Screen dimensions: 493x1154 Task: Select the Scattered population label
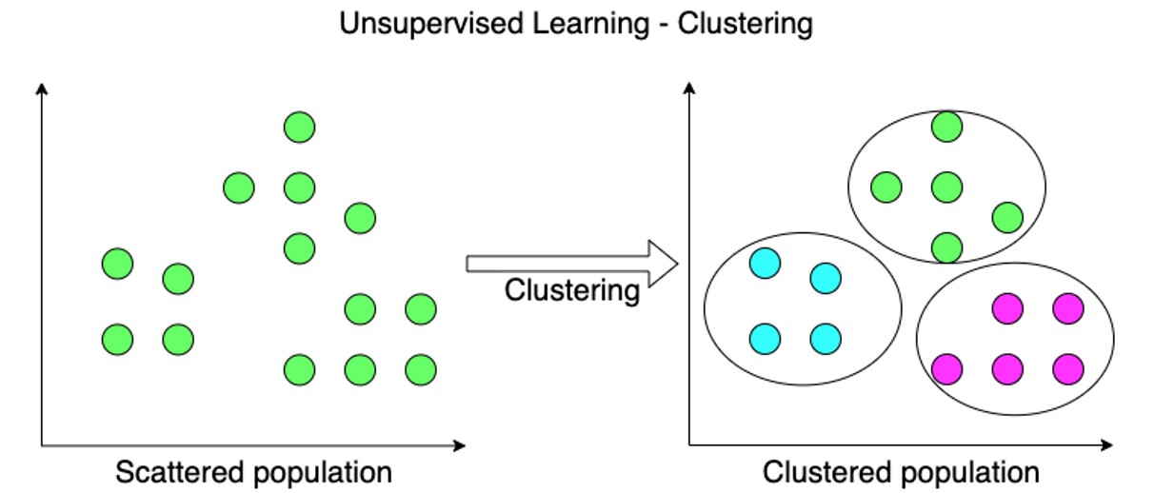coord(253,471)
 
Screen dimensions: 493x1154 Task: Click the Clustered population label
coord(901,471)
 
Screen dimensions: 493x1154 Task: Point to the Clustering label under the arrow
coord(571,289)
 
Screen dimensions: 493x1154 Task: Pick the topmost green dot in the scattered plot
coord(299,128)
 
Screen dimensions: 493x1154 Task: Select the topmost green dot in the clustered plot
coord(945,128)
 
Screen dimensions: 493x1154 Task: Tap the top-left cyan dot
coord(766,264)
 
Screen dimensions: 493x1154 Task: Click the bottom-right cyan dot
coord(826,339)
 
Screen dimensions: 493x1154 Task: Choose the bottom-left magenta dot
coord(946,368)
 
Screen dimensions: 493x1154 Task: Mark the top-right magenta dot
coord(1067,308)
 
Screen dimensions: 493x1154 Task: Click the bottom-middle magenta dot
coord(1007,368)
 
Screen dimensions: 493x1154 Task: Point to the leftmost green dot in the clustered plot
coord(886,187)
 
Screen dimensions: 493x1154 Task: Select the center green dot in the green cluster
coord(945,187)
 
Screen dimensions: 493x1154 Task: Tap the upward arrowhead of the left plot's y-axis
coord(41,89)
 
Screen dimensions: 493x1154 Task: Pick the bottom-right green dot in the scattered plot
coord(420,368)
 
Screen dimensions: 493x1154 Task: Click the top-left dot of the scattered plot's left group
coord(117,264)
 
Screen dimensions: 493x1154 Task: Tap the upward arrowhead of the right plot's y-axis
coord(688,89)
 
